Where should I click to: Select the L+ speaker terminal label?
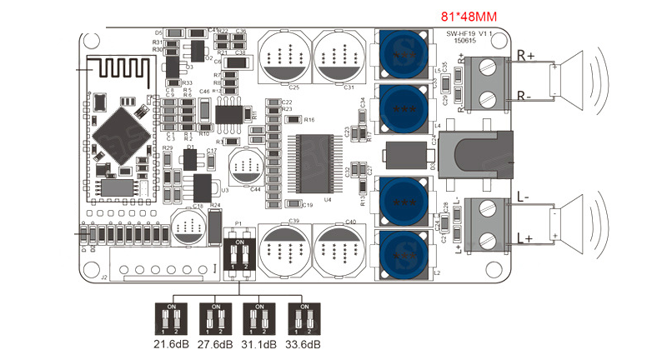click(526, 239)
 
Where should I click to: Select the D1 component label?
click(191, 147)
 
